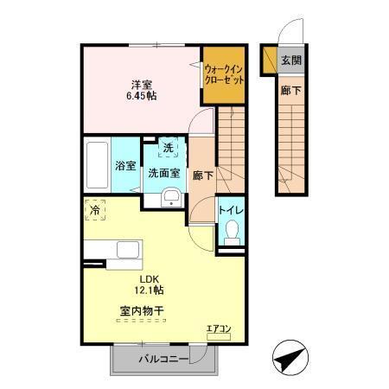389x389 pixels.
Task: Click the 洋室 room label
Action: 142,83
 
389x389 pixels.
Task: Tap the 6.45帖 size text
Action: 142,96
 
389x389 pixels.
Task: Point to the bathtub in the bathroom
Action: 97,165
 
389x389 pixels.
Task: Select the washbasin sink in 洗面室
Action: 170,198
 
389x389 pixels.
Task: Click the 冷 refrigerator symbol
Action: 93,209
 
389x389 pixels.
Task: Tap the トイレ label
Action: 230,208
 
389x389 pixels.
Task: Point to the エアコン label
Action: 217,328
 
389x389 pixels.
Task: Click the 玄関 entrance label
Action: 290,61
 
